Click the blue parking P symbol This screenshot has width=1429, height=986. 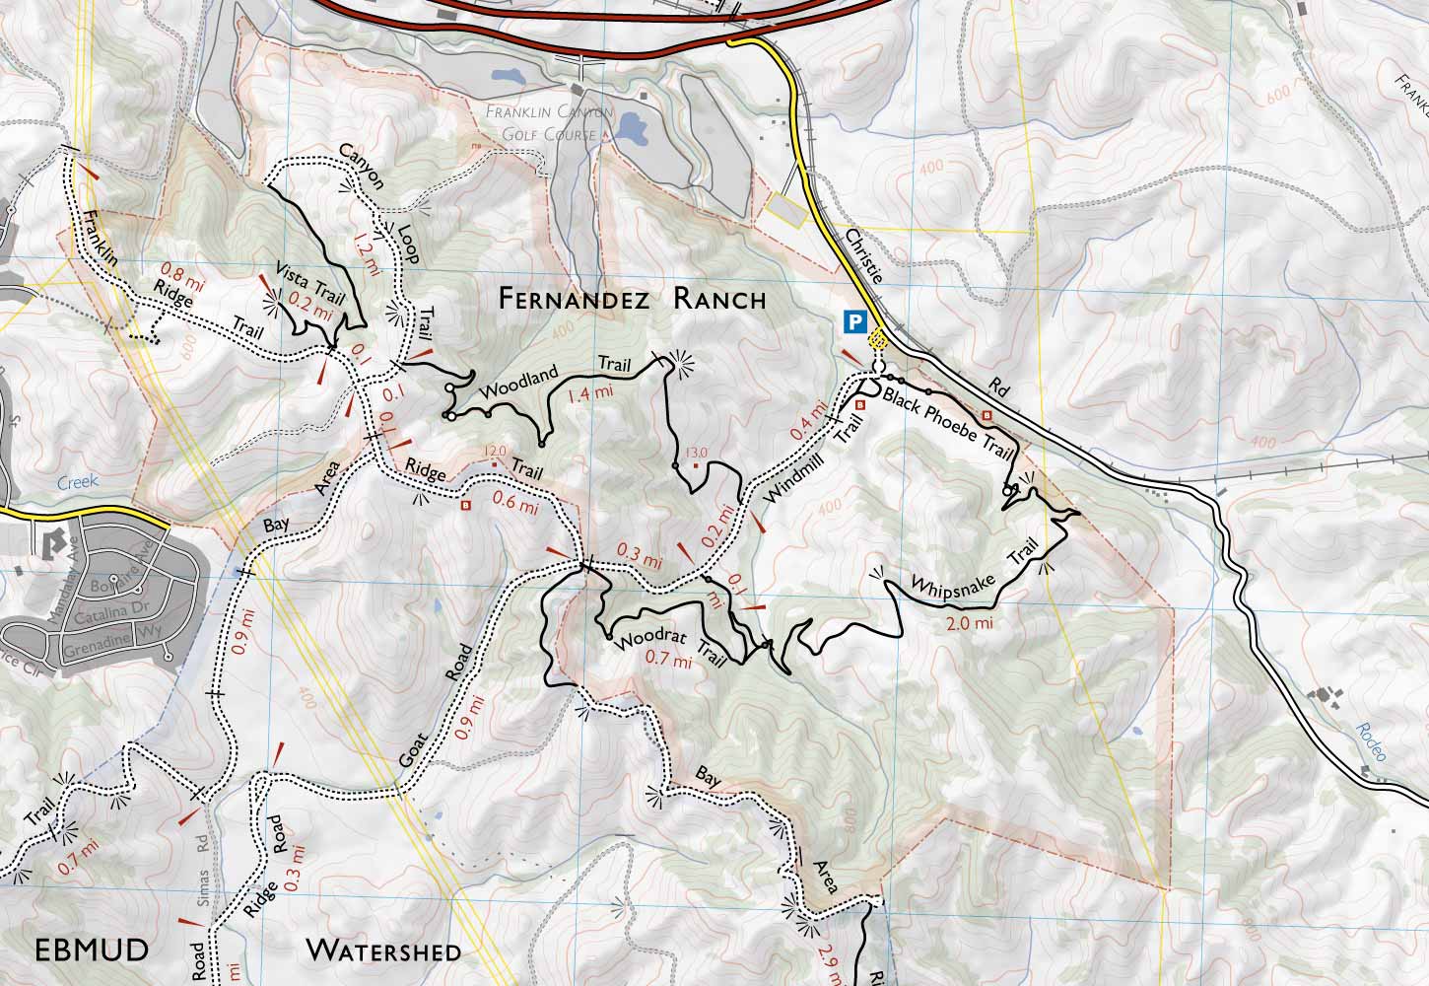(x=854, y=321)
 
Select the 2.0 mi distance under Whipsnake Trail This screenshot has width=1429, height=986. (x=969, y=623)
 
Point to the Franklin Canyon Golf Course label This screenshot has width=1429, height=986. (x=549, y=122)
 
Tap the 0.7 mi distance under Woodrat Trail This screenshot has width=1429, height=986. (x=667, y=661)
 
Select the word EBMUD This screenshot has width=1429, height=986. (x=92, y=951)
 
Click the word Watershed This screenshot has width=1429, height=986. (x=382, y=951)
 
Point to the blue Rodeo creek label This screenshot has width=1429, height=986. (x=1369, y=742)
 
